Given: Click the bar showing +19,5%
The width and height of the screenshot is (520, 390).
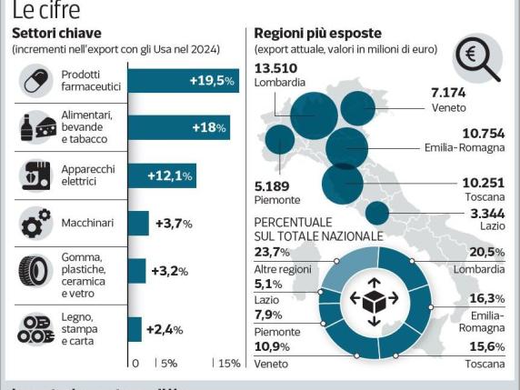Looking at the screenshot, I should click(182, 81).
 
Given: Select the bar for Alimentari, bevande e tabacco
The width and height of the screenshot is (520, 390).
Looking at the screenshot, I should click(178, 127).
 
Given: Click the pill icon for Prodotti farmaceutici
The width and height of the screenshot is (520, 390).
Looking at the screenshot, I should click(36, 80).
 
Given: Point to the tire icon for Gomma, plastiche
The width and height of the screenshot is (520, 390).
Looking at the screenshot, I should click(36, 271).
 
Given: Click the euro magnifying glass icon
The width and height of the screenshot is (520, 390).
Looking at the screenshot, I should click(479, 59).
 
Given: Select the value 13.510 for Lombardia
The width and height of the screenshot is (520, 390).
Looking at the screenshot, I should click(276, 67).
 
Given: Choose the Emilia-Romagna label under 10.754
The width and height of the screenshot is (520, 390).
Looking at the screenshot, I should click(464, 147).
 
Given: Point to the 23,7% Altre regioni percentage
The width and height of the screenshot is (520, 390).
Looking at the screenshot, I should click(273, 253).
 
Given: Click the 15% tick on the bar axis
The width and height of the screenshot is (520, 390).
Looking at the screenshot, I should click(227, 363).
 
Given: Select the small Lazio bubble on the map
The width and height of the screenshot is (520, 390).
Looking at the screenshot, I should click(376, 213).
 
